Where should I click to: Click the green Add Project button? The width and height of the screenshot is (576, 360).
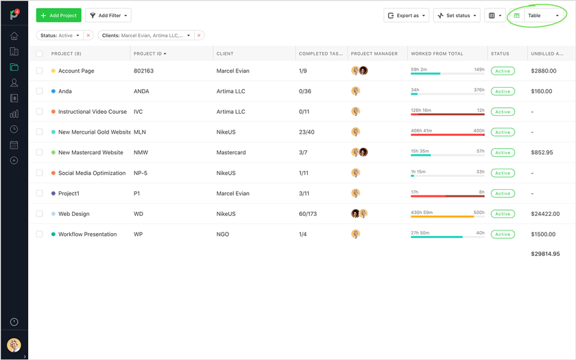pos(58,15)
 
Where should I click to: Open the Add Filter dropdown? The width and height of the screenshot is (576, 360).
pos(108,15)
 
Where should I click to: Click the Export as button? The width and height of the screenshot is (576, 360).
pos(407,15)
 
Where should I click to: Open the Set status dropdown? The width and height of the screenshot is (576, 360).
pos(457,15)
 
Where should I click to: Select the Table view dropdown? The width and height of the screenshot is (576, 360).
pos(543,15)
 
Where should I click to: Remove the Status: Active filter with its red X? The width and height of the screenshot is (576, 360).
pos(88,36)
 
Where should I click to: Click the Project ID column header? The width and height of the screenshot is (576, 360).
pos(150,53)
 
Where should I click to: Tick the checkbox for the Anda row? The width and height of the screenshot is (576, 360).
pos(39,91)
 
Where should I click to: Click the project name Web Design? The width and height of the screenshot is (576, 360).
pos(73,214)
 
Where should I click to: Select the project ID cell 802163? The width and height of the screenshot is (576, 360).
pos(144,71)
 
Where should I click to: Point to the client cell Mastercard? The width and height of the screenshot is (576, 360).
pos(231,152)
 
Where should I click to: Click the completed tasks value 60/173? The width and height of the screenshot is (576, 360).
pos(308,214)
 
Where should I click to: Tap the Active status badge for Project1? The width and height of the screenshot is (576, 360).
pos(503,193)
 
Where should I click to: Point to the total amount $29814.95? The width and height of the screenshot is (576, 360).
pos(545,254)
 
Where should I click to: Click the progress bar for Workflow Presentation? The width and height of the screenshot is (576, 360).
pos(447,237)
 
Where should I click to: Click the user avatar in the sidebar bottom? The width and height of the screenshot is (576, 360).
pos(14,345)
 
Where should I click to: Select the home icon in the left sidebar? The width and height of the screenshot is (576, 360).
pos(14,36)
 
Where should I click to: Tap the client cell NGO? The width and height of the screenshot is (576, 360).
pos(223,235)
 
